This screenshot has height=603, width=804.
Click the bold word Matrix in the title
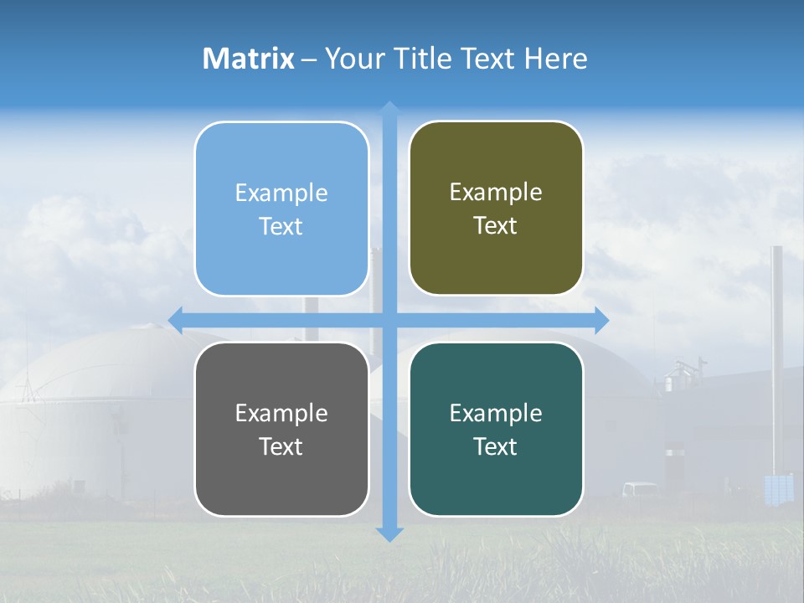[249, 59]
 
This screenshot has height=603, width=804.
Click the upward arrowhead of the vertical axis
[389, 109]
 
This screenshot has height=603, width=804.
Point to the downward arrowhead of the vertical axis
[389, 533]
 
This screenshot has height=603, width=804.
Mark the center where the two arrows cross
[389, 320]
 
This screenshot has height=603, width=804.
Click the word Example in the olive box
[496, 193]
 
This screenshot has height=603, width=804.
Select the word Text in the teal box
[496, 446]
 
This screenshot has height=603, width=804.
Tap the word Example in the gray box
[281, 413]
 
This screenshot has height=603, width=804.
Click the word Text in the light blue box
[281, 226]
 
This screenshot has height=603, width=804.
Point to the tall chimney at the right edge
[776, 352]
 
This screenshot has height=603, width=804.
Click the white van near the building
[641, 489]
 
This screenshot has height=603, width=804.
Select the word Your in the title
[349, 59]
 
